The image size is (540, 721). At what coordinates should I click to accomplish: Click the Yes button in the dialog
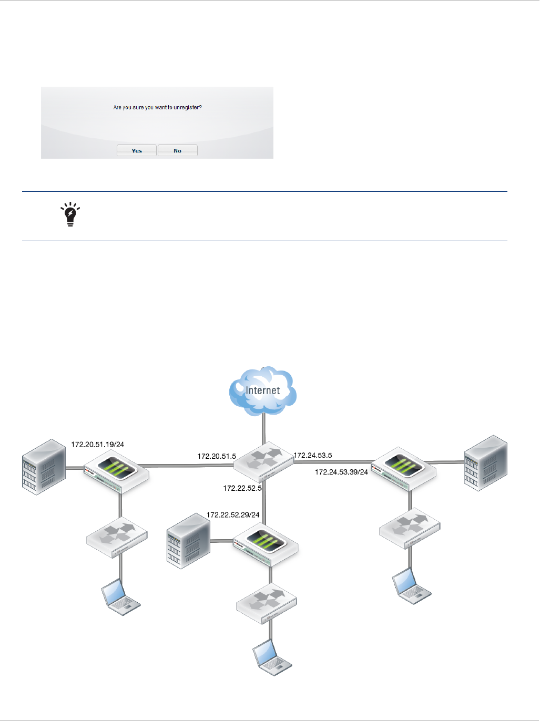tap(137, 151)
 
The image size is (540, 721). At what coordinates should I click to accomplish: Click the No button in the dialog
tap(178, 151)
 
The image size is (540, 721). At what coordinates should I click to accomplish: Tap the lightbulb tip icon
tap(70, 214)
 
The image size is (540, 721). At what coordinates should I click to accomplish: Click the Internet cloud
tap(262, 390)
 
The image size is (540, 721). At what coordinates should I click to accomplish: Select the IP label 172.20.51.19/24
tap(98, 445)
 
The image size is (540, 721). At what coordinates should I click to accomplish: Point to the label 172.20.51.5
tap(217, 456)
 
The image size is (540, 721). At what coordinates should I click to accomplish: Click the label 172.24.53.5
tap(313, 456)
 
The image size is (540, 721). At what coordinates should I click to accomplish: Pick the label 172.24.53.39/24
tap(341, 472)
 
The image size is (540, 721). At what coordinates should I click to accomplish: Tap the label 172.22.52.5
tap(242, 488)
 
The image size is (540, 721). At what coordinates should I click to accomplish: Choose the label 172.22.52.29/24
tap(233, 515)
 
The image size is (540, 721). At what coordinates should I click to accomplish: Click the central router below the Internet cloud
tap(263, 462)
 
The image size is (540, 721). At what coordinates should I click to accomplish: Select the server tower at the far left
tap(44, 467)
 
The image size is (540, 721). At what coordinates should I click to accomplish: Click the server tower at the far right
tap(485, 462)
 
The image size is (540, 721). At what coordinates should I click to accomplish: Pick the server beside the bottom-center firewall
tap(188, 541)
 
